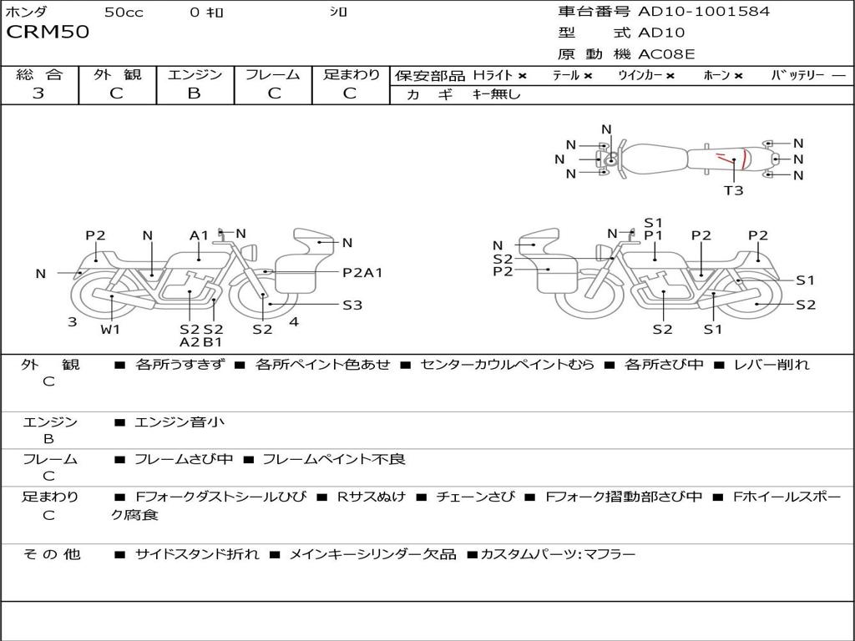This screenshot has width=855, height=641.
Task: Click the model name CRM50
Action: click(x=48, y=33)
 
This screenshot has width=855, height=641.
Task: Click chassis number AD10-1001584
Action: click(x=704, y=12)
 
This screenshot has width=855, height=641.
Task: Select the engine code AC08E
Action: click(x=666, y=55)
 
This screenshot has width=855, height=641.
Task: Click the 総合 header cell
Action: click(x=39, y=75)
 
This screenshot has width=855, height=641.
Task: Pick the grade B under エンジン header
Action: click(x=194, y=93)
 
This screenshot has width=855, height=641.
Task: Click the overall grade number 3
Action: click(x=38, y=93)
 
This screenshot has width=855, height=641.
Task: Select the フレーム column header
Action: click(x=272, y=75)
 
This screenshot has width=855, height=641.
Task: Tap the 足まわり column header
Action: click(x=351, y=75)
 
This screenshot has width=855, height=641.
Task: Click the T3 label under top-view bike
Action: click(x=733, y=190)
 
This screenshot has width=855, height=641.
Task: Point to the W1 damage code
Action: click(x=110, y=329)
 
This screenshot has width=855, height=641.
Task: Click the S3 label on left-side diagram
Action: click(x=352, y=305)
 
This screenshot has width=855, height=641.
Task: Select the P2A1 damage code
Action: click(x=362, y=272)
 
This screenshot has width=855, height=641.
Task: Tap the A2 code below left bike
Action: click(x=190, y=341)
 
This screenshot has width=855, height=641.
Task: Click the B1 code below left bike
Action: click(x=213, y=341)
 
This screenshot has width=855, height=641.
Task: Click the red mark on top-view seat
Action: click(x=722, y=159)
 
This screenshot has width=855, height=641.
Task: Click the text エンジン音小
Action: click(x=180, y=422)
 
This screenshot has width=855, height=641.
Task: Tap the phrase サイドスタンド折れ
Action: click(x=197, y=554)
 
